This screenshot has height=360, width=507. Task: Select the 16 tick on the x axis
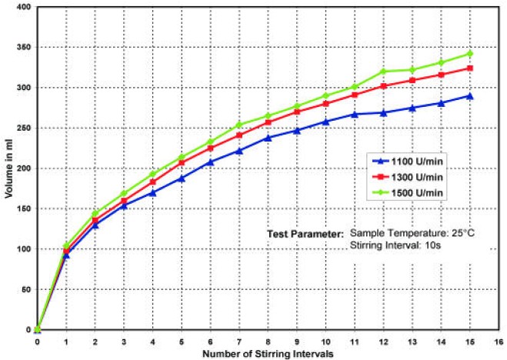click(x=499, y=339)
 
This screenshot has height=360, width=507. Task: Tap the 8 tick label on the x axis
click(x=268, y=339)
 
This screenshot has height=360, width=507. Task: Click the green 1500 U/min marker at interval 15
click(x=470, y=54)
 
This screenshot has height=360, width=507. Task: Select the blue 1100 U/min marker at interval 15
click(x=470, y=96)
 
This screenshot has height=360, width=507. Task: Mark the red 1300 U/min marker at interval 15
click(x=470, y=68)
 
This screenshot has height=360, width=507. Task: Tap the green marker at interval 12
click(x=383, y=72)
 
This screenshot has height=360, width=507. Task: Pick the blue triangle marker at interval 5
click(x=182, y=178)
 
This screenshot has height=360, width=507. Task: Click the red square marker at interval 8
click(x=268, y=122)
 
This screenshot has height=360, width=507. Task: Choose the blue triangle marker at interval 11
click(x=355, y=114)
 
